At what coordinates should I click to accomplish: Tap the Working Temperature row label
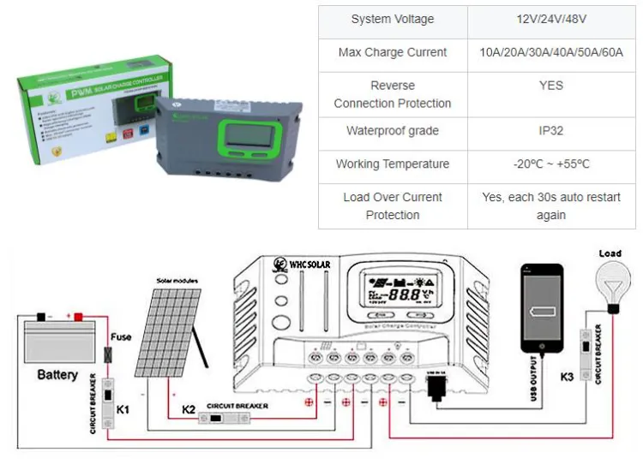pos(392,164)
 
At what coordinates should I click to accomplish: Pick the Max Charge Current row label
pos(392,52)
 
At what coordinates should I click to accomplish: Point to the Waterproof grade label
pos(392,131)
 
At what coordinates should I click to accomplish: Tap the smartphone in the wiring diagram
pos(542,306)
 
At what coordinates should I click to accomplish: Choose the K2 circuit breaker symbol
pos(225,419)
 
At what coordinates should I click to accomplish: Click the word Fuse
pos(122,336)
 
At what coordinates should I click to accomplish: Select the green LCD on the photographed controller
pos(248,134)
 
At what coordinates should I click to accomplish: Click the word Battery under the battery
pos(57,374)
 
